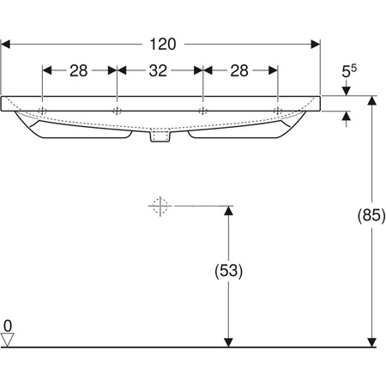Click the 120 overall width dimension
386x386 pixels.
tap(161, 45)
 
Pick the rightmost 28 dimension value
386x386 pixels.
tap(240, 73)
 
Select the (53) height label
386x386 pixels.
tap(227, 271)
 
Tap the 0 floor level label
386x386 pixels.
tap(7, 326)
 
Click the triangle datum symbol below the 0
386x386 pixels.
tap(8, 340)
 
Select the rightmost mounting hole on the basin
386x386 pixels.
tap(277, 111)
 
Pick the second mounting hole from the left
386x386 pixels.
tap(117, 111)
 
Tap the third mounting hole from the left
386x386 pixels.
tap(202, 111)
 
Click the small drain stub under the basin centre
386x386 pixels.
tap(160, 137)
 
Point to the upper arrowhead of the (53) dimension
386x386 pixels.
tap(227, 211)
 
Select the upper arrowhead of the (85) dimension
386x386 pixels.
tap(371, 100)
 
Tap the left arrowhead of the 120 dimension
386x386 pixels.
tap(7, 45)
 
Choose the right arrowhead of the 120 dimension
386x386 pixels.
tap(315, 45)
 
